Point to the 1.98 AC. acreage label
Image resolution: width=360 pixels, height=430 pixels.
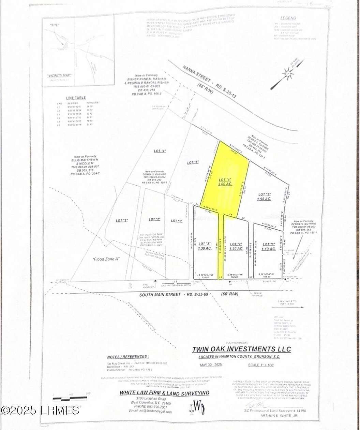coord(264,199)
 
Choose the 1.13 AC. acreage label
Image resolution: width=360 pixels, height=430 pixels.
coord(269,249)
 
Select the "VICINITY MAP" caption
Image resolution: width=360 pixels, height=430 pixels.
coord(62,76)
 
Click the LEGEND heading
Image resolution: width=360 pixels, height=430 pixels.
coord(288,18)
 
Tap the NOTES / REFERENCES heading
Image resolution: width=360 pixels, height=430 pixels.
coord(127,356)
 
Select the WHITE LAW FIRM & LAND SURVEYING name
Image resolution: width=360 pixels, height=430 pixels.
coord(164,393)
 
